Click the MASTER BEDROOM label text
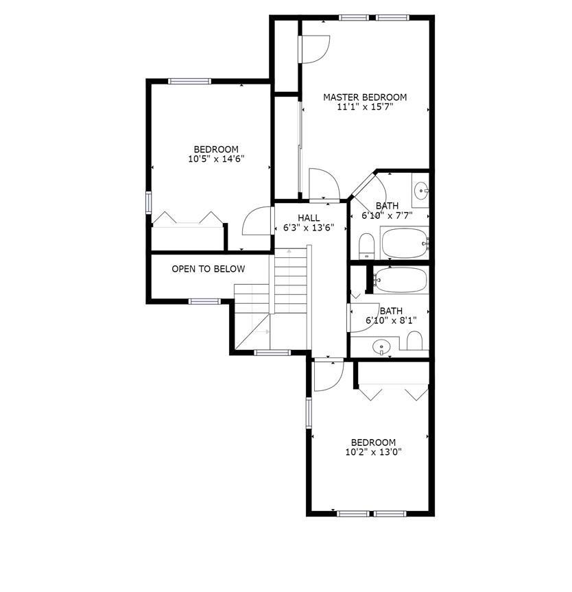(365, 97)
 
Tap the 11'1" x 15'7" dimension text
(365, 108)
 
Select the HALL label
(309, 218)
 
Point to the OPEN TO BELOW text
(208, 269)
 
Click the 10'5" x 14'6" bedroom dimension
(216, 159)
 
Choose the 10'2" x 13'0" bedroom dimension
(373, 452)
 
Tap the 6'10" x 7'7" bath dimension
(387, 215)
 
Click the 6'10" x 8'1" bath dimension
(392, 320)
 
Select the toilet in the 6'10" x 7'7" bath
(367, 246)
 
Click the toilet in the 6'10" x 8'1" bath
(414, 340)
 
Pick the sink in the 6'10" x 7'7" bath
(420, 191)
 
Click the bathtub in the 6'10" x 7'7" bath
(405, 243)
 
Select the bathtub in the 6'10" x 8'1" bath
(401, 280)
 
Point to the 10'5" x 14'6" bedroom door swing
(255, 221)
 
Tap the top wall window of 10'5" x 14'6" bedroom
(190, 82)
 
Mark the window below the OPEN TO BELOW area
(204, 300)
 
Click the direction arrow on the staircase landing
(261, 331)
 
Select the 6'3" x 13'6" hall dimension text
(309, 228)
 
